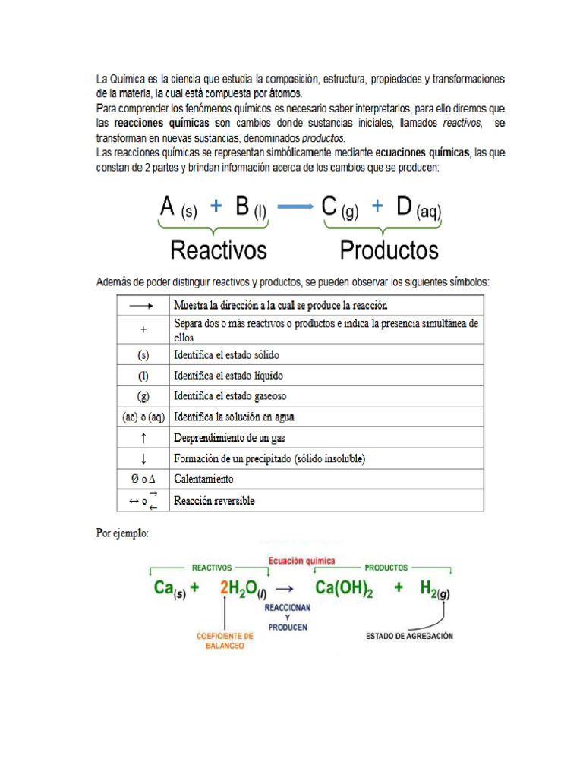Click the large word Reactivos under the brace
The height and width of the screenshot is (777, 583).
pyautogui.click(x=219, y=250)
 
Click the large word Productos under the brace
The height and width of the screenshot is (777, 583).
pyautogui.click(x=389, y=250)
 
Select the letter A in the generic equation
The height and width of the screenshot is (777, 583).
pyautogui.click(x=168, y=206)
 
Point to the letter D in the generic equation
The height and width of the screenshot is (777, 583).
pyautogui.click(x=403, y=206)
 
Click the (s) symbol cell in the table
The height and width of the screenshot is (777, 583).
pyautogui.click(x=143, y=354)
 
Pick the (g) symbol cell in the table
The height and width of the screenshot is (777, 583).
pyautogui.click(x=143, y=396)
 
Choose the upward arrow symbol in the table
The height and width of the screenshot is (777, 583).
pyautogui.click(x=143, y=438)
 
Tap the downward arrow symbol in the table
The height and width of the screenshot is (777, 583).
pyautogui.click(x=143, y=458)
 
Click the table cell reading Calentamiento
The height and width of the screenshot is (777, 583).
pyautogui.click(x=203, y=479)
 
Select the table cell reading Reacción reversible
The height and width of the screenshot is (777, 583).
pyautogui.click(x=214, y=501)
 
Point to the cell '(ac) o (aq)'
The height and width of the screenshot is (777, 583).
pyautogui.click(x=143, y=417)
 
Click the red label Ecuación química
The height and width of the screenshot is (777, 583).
pyautogui.click(x=301, y=561)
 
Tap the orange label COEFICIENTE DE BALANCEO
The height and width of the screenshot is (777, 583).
pyautogui.click(x=225, y=641)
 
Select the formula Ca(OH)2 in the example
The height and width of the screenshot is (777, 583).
pyautogui.click(x=344, y=588)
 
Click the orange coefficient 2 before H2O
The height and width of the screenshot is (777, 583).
pyautogui.click(x=224, y=588)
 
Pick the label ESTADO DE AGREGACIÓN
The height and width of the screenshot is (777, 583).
pyautogui.click(x=409, y=636)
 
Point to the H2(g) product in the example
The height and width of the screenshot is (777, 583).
pyautogui.click(x=434, y=589)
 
